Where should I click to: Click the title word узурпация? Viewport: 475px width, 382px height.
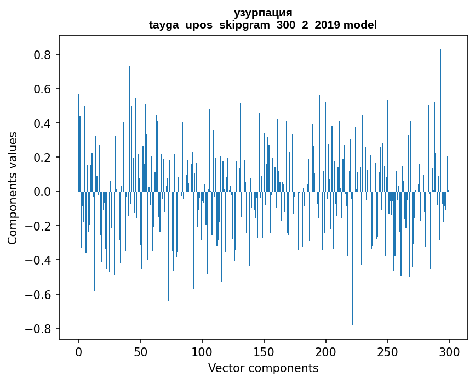pos(263,13)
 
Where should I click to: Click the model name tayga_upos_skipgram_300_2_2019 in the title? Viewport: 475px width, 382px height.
pos(244,25)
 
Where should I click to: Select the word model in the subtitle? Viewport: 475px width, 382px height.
pos(360,25)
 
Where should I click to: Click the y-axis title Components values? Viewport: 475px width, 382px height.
pos(13,188)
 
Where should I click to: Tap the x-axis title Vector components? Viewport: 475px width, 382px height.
pos(263,368)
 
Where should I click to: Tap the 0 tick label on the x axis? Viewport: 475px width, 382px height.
pos(78,352)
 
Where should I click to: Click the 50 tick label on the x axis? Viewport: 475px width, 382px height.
pos(140,352)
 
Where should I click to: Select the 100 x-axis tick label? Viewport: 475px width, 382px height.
pos(202,352)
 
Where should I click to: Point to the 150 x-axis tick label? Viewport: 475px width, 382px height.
pos(264,352)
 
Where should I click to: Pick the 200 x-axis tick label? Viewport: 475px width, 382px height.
pos(326,352)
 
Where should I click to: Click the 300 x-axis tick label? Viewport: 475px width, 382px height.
pos(449,352)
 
